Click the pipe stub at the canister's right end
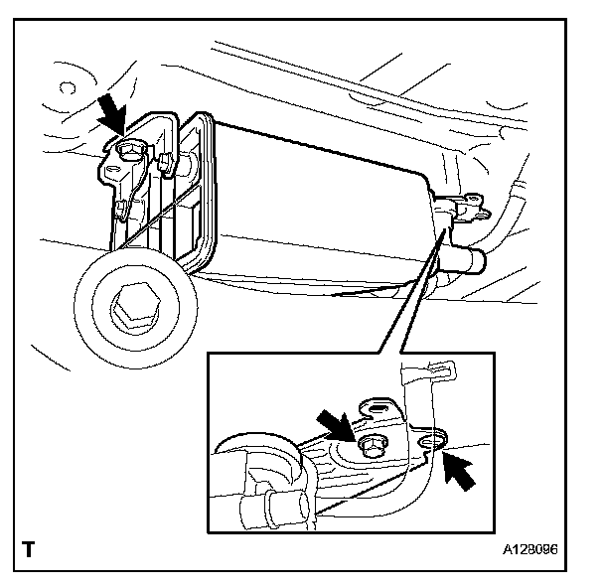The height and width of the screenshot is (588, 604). tap(467, 260)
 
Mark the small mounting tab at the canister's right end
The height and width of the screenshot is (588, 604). tap(478, 208)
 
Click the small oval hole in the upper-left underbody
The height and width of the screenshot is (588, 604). tap(69, 86)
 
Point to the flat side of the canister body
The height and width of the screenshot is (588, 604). tap(318, 209)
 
